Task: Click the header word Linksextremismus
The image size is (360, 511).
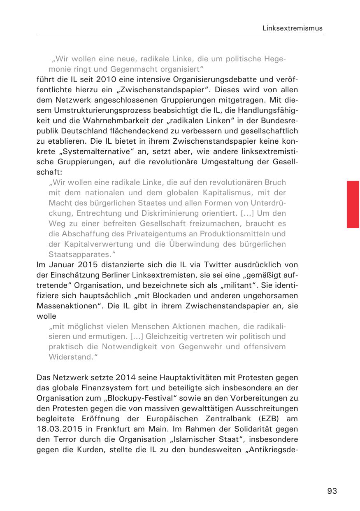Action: tap(293, 28)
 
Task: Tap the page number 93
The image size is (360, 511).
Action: tap(332, 491)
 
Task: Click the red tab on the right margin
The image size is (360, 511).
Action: tap(353, 204)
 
